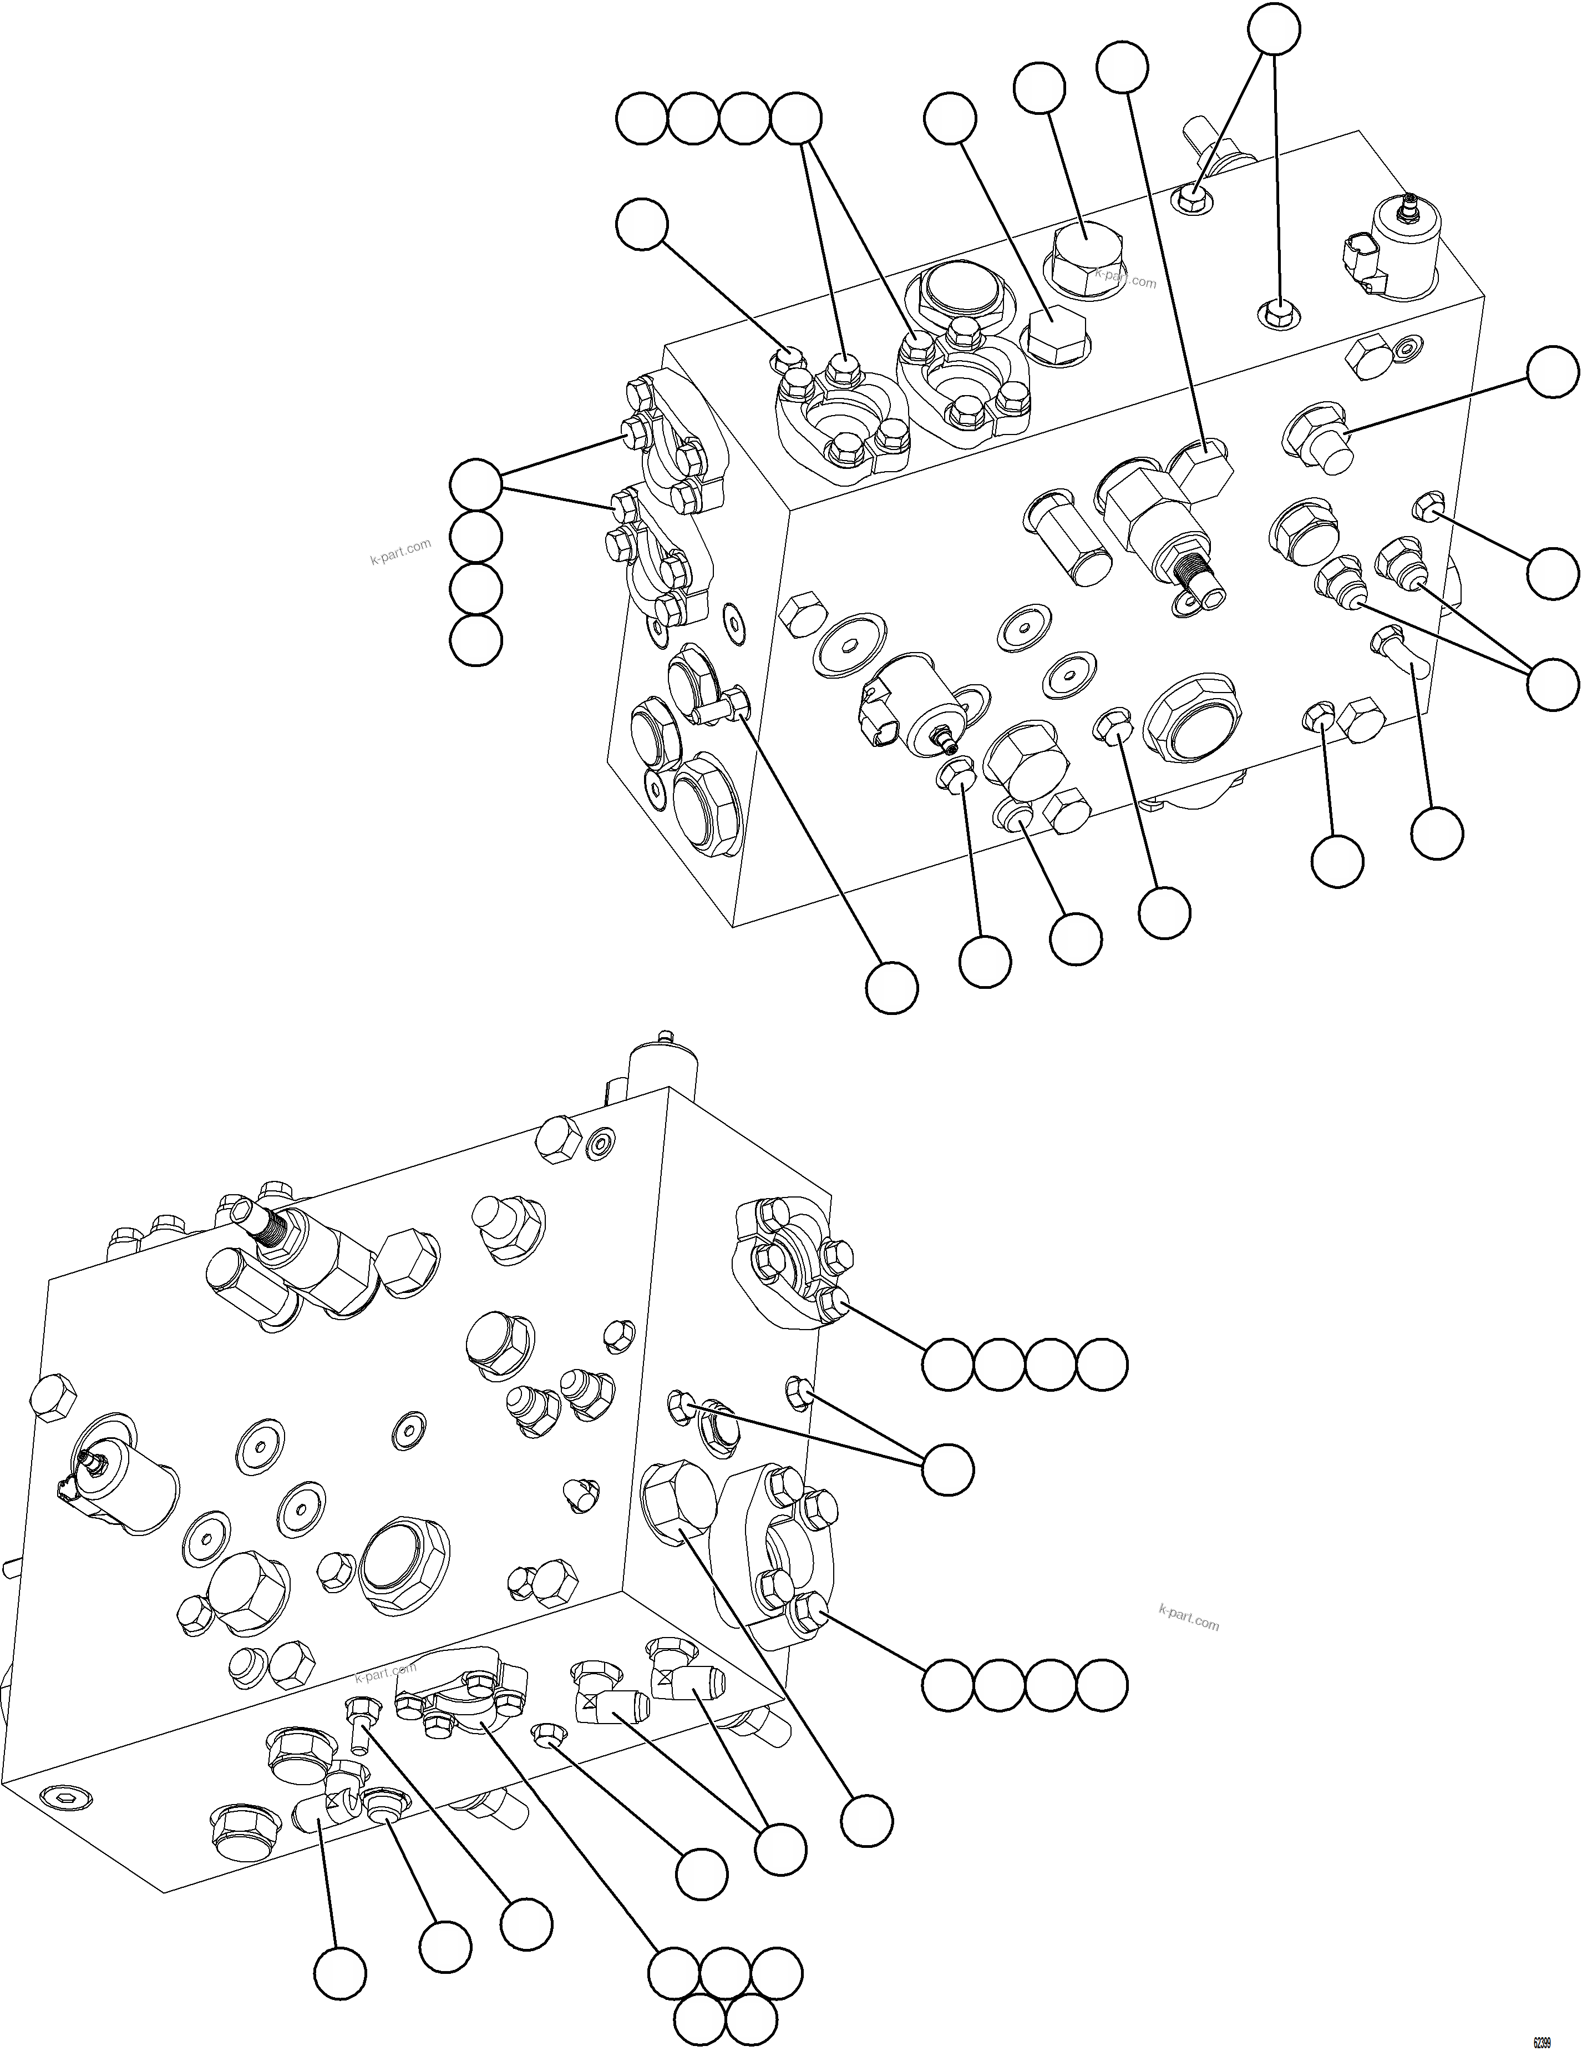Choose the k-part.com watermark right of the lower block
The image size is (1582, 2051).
pos(1189,1618)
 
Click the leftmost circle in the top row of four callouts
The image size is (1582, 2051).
pos(642,119)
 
